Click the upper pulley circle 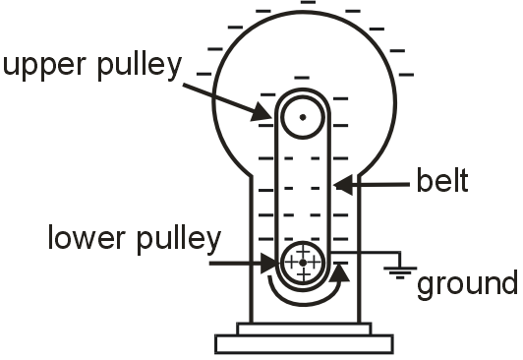point(303,117)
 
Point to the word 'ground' point(467,284)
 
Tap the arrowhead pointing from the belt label point(338,182)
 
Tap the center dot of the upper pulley point(303,117)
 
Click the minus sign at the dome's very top point(307,4)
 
